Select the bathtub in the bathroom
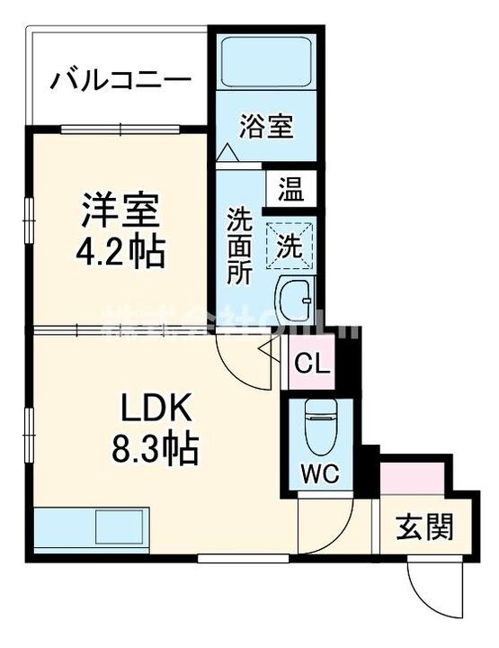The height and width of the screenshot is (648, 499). click(265, 64)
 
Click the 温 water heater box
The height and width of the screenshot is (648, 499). click(290, 189)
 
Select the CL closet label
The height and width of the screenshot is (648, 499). click(311, 365)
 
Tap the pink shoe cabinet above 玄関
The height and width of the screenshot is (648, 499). click(412, 478)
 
